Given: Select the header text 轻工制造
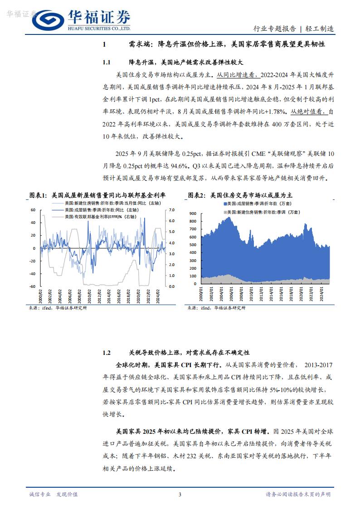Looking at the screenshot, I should coord(321,29).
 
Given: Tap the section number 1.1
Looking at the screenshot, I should coord(107,62).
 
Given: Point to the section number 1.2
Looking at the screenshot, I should coord(107,352).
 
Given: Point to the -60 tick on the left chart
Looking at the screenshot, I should coord(33,286).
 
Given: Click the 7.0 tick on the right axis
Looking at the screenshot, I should coord(171,210).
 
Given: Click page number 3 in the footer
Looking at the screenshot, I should coord(180,494).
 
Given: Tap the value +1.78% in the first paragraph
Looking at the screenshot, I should coord(273,111).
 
